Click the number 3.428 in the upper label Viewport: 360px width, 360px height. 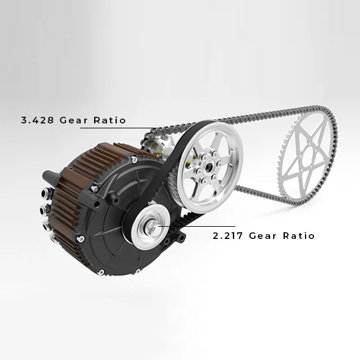(x=38, y=120)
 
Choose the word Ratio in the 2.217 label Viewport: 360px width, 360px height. (x=299, y=235)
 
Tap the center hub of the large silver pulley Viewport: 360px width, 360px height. (x=208, y=167)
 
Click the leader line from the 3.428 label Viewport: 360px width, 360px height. (x=116, y=128)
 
